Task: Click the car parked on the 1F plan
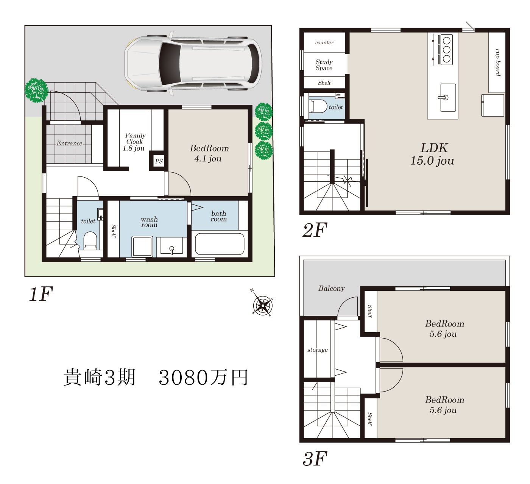(x=193, y=64)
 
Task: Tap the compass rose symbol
(x=263, y=304)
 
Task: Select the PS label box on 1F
(x=159, y=161)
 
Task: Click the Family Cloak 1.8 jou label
(x=134, y=142)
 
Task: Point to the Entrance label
(x=70, y=143)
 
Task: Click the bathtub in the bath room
(x=220, y=244)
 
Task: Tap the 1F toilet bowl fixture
(x=90, y=241)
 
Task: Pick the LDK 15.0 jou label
(x=432, y=154)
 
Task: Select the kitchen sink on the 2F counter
(x=448, y=98)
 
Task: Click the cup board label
(x=497, y=62)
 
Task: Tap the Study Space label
(x=324, y=65)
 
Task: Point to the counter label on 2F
(x=324, y=42)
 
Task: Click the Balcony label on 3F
(x=331, y=288)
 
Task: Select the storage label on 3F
(x=317, y=350)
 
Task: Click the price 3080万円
(x=203, y=378)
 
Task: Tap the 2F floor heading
(x=315, y=230)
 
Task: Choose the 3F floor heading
(x=315, y=459)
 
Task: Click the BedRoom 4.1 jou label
(x=209, y=153)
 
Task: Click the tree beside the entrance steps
(x=36, y=90)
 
